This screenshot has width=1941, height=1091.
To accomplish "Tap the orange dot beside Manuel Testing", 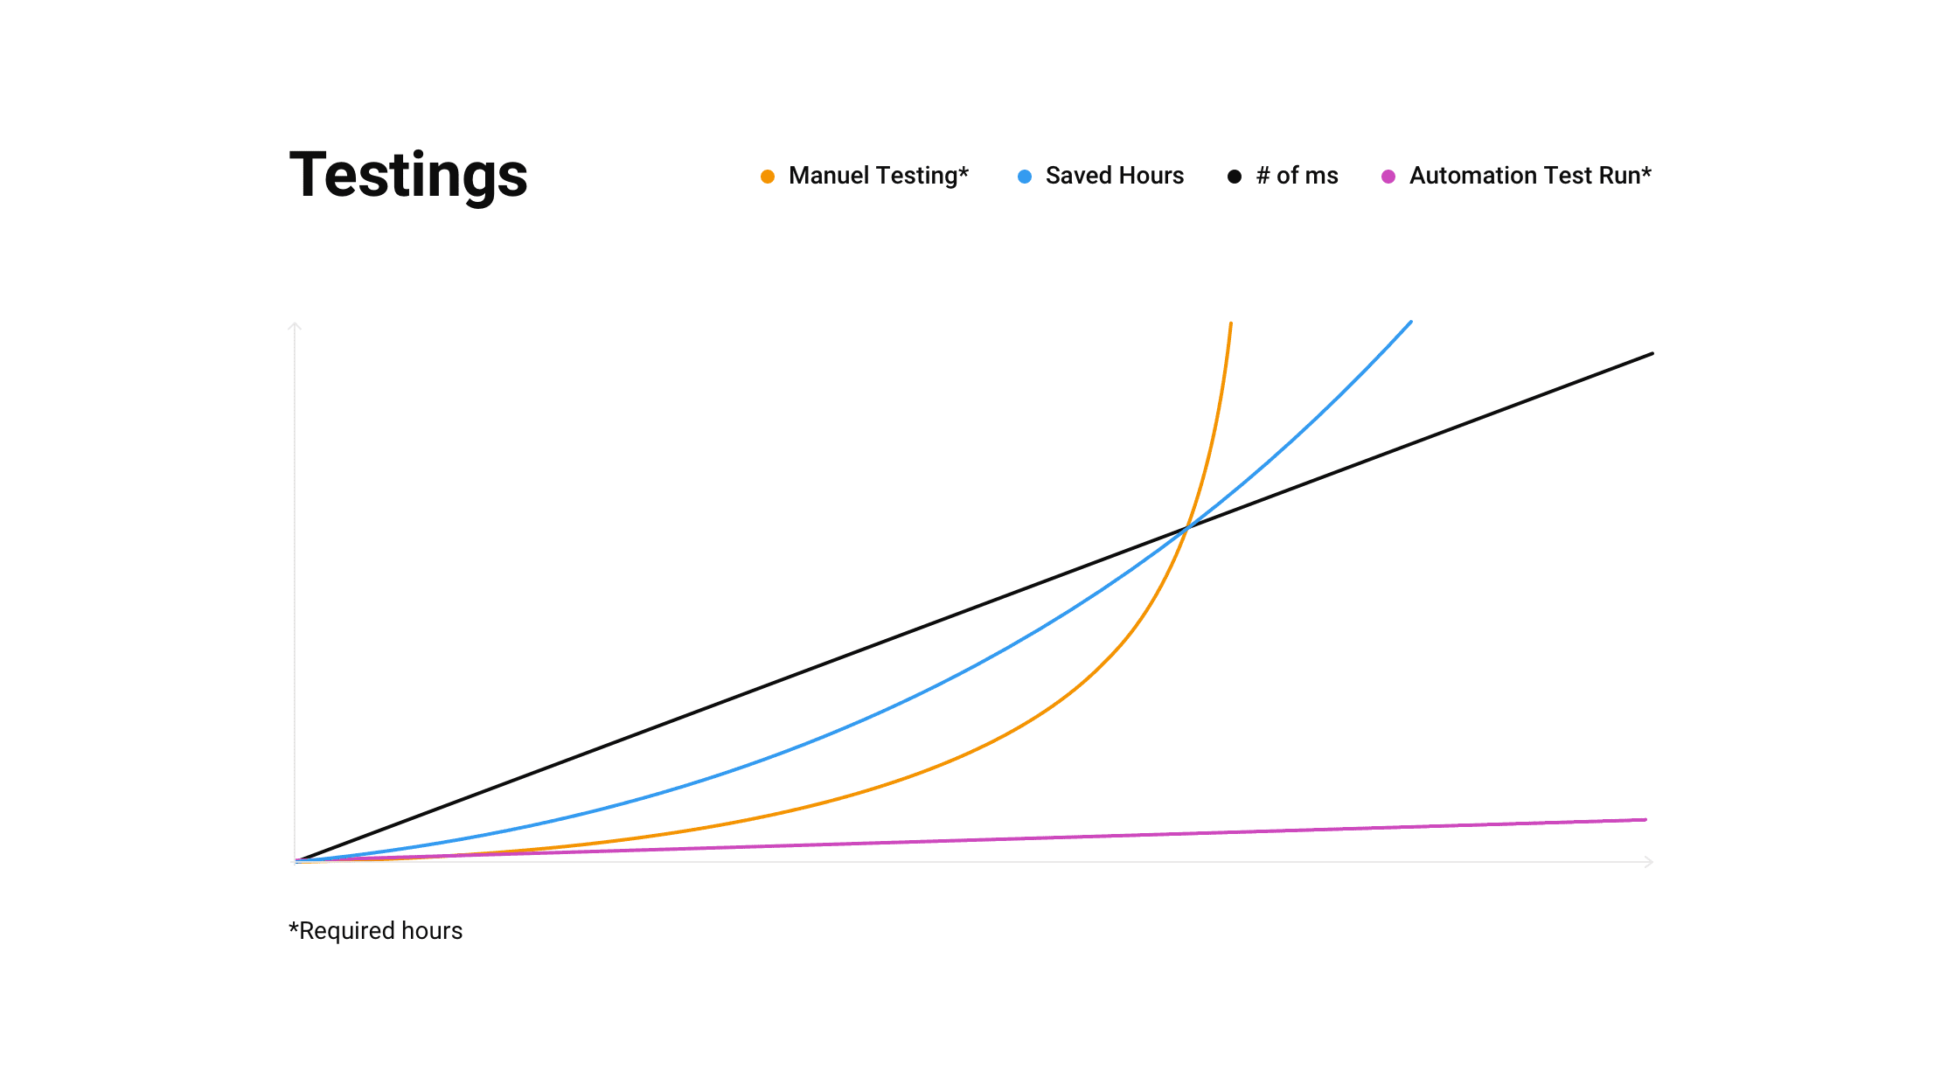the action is (x=768, y=177).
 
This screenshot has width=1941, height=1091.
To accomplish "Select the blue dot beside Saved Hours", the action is (x=1025, y=177).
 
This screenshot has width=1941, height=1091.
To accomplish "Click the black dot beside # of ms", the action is (x=1235, y=177).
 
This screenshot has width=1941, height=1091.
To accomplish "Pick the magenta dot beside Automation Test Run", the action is (x=1388, y=177).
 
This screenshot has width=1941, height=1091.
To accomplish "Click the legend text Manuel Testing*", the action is (x=879, y=176).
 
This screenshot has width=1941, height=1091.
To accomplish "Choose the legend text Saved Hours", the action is (x=1115, y=176).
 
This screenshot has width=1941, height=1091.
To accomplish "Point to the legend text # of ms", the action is (x=1297, y=176).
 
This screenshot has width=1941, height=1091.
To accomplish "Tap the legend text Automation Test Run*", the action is (x=1530, y=176).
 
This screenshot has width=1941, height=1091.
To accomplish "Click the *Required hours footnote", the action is (x=376, y=931).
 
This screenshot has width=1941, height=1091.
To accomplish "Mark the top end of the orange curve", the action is (x=1231, y=323).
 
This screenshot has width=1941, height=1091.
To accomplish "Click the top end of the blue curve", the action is (x=1411, y=322).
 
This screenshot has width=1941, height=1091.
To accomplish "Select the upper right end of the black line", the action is (x=1652, y=353).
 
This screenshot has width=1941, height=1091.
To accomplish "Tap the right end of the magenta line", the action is (x=1646, y=820).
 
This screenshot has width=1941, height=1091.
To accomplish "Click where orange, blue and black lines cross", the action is (x=1187, y=528).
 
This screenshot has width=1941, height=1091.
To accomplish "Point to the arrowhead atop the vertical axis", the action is (x=295, y=326).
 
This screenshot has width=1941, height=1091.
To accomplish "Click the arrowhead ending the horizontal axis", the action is (x=1649, y=862).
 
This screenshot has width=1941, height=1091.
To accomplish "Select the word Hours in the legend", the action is (x=1151, y=176).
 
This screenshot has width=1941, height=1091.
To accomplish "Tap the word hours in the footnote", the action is (x=432, y=931).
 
